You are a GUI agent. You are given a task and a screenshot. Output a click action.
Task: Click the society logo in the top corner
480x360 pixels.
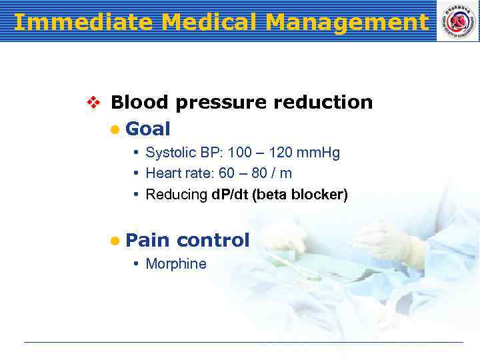click(457, 21)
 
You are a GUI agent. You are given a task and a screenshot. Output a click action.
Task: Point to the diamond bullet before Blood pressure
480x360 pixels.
click(93, 103)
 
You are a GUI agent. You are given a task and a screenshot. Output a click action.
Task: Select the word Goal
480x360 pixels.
click(147, 129)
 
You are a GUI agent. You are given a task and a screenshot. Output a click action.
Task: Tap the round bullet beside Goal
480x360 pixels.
click(115, 129)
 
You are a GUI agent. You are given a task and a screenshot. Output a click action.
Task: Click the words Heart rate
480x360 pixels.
click(176, 174)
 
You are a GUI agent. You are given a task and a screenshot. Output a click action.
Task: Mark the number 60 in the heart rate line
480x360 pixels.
click(227, 174)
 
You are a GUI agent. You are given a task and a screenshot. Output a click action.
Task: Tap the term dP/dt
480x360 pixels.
click(230, 195)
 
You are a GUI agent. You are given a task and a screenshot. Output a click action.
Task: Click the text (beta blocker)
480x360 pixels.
click(300, 195)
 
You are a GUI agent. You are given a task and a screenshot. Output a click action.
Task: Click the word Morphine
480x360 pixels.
click(176, 264)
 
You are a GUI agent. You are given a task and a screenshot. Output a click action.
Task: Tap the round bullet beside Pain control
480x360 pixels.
click(115, 241)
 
